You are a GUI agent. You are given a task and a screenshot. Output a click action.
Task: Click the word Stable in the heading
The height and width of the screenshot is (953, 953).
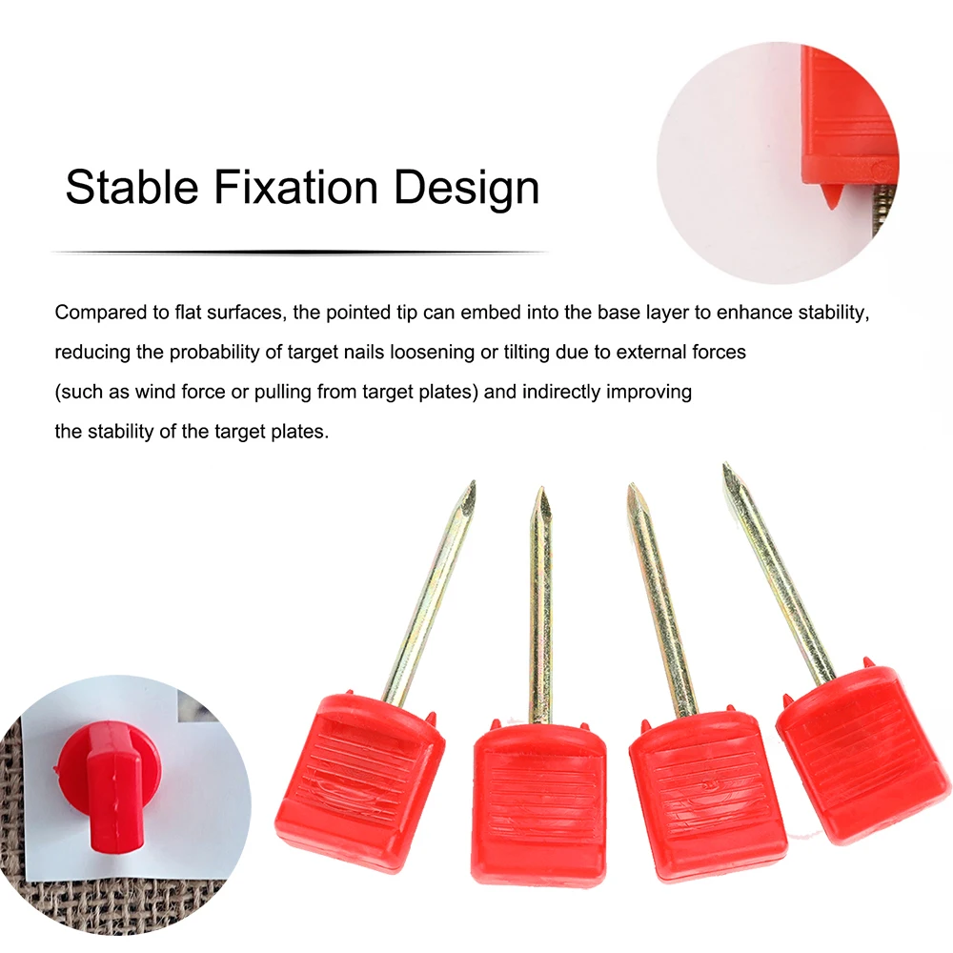click(x=132, y=187)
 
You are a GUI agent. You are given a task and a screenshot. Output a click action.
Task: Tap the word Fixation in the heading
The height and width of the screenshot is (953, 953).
click(x=296, y=187)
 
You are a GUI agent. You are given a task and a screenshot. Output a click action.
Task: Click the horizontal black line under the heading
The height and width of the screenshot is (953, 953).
click(x=299, y=252)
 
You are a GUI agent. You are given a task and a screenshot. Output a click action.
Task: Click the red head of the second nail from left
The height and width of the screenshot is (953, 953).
click(x=538, y=802)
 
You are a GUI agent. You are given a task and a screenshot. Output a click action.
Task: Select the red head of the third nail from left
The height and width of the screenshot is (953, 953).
click(x=708, y=795)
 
